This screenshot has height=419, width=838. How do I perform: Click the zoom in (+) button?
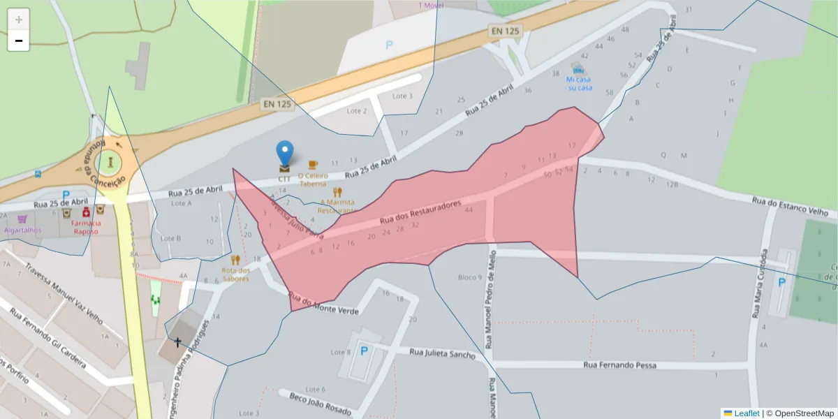tap(18, 19)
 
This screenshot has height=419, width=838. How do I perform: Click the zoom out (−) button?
tap(18, 41)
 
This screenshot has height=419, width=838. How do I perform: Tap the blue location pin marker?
tap(285, 153)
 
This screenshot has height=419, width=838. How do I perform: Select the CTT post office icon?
tap(284, 168)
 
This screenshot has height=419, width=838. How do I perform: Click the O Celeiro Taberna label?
tap(313, 179)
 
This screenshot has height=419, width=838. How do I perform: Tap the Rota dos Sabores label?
tap(235, 274)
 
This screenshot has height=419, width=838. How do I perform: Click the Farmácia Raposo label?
tap(85, 227)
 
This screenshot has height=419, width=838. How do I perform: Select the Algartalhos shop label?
tap(23, 230)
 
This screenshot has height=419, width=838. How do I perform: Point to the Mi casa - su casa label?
tap(579, 84)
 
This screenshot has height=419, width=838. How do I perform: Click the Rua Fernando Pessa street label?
tap(620, 365)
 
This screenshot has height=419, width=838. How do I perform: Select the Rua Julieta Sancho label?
tap(442, 354)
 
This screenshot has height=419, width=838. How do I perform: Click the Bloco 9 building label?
tap(470, 277)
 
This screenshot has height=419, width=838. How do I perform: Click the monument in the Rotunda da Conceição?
tap(110, 163)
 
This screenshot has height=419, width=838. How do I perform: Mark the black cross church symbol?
tap(177, 342)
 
